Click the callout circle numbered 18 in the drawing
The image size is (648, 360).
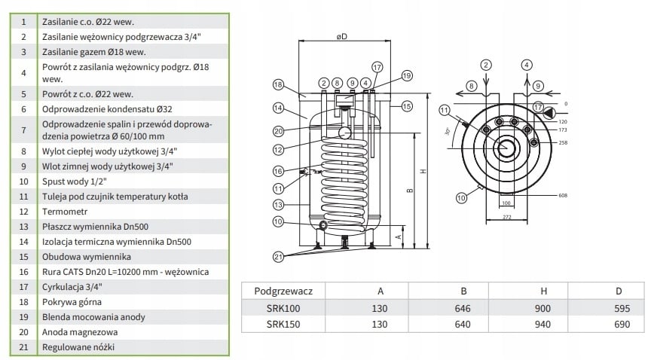[x=278, y=84]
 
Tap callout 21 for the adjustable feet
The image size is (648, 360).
[x=280, y=257]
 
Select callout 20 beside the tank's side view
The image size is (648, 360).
[x=278, y=131]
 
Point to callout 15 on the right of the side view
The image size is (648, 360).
[x=407, y=106]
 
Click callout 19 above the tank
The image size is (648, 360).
[x=407, y=76]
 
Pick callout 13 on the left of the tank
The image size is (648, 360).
[x=278, y=204]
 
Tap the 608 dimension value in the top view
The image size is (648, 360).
[x=563, y=196]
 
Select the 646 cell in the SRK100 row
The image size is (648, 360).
[x=463, y=308]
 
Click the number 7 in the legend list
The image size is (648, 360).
[x=24, y=130]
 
